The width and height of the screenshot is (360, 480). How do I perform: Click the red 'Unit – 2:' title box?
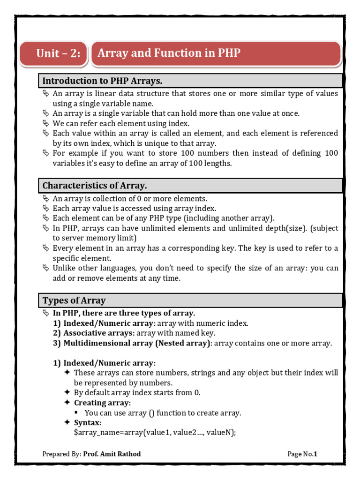(x=58, y=53)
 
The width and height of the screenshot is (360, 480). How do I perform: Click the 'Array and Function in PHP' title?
(x=169, y=53)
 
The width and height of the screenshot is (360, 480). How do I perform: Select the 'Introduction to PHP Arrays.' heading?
(x=102, y=81)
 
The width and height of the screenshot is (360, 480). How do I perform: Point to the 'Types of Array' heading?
(x=74, y=300)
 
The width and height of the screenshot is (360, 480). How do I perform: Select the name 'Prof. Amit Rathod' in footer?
(x=112, y=454)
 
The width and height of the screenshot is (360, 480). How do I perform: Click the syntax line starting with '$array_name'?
(x=155, y=433)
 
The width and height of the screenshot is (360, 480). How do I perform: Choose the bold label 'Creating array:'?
(x=102, y=403)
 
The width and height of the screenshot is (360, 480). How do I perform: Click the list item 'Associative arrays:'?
(x=99, y=333)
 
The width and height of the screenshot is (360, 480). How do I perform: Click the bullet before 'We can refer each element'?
(x=45, y=123)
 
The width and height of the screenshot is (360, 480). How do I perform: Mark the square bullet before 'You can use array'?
(x=77, y=413)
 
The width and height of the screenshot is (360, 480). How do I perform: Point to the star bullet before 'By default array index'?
(x=67, y=393)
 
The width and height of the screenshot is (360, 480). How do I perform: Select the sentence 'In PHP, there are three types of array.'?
(x=124, y=313)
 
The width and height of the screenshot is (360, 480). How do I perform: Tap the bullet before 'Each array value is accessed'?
(x=45, y=208)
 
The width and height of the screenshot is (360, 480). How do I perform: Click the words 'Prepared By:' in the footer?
(x=61, y=454)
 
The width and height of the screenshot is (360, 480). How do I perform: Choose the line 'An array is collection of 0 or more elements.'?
(x=130, y=198)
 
